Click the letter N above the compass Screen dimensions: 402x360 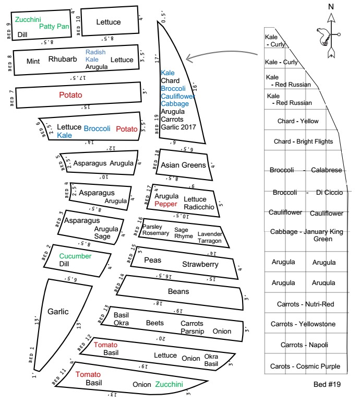coord(331,7)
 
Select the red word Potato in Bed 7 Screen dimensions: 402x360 coord(71,95)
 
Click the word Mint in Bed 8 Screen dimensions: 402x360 coord(33,61)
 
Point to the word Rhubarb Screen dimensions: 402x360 coord(63,59)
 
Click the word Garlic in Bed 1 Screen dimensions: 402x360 coord(58,312)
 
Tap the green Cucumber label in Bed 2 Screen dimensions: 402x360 coord(75,256)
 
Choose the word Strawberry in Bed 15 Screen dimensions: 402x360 coord(200,265)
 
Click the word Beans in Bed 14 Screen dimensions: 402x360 coord(178,291)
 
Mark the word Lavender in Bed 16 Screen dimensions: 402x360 coord(210,233)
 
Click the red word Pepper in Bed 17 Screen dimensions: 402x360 coord(165,204)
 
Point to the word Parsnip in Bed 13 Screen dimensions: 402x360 coord(191,331)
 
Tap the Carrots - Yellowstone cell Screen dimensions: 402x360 coord(303,324)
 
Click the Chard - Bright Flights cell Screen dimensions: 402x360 coord(303,141)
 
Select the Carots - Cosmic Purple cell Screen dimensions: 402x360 coord(305,366)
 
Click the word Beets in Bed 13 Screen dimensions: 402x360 coord(154,323)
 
